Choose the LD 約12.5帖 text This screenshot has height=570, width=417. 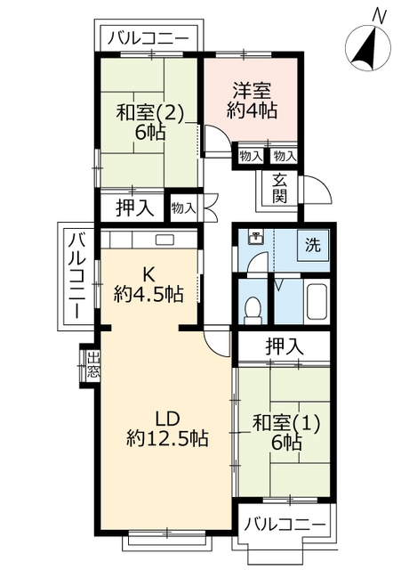point(167,427)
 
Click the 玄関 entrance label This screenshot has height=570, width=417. point(279,188)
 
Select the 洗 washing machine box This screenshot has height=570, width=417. point(313,244)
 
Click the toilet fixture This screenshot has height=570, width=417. point(253,308)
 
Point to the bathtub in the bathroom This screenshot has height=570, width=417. point(316,303)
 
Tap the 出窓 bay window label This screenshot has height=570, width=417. point(92,365)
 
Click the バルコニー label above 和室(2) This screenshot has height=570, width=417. point(147,38)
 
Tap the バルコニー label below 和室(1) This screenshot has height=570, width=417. point(285,524)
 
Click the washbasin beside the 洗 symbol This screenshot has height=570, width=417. point(255,237)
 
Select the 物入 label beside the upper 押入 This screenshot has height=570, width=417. point(184,208)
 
